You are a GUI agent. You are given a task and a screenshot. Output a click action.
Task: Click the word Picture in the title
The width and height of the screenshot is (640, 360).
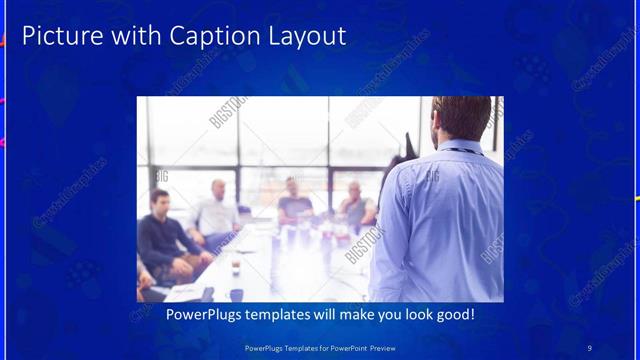pos(55,37)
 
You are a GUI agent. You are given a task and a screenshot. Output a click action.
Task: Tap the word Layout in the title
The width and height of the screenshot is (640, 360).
pos(301,37)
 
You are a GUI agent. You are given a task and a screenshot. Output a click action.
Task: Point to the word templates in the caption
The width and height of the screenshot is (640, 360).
pos(283,315)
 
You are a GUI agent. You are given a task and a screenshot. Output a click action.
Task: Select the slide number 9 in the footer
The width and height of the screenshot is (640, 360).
pos(589,347)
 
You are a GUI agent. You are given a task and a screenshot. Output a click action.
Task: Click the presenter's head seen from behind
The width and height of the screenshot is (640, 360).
pos(460,118)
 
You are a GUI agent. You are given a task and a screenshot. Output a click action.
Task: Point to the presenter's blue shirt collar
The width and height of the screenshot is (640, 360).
pos(461,146)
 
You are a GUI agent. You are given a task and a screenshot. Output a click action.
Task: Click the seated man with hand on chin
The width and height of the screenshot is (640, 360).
pos(355,204)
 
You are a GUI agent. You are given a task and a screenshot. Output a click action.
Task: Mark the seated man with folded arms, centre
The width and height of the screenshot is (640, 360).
pos(294,200)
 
